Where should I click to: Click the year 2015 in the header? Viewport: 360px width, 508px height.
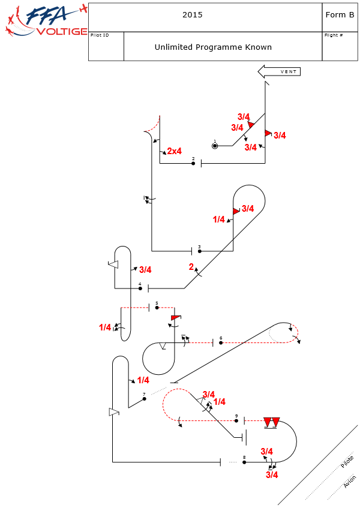(x=192, y=16)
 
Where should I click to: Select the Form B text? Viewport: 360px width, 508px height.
(x=340, y=16)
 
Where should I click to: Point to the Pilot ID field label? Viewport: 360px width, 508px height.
(x=100, y=35)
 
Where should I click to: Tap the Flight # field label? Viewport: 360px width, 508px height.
(x=333, y=35)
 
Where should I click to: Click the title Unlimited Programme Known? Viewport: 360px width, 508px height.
(x=213, y=47)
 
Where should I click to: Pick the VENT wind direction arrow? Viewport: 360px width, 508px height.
(x=279, y=72)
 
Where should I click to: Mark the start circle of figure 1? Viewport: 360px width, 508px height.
(x=215, y=146)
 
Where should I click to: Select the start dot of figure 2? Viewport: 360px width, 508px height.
(x=193, y=163)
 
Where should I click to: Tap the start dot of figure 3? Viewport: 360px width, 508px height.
(x=199, y=251)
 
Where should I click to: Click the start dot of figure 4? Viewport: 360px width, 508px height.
(x=140, y=288)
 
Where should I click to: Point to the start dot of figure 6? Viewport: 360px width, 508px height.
(x=221, y=342)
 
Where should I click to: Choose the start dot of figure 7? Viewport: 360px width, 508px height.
(x=144, y=399)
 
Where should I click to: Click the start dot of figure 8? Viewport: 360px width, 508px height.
(x=244, y=462)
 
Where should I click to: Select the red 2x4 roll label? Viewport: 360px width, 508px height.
(x=174, y=151)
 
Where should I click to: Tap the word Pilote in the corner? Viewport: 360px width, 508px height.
(x=347, y=462)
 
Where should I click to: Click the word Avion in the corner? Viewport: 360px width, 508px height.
(x=350, y=482)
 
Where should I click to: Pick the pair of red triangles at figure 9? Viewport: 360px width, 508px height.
(x=272, y=422)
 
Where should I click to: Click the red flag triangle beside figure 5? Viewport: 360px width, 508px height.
(x=175, y=317)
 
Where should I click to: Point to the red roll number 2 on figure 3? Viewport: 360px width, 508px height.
(x=191, y=267)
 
